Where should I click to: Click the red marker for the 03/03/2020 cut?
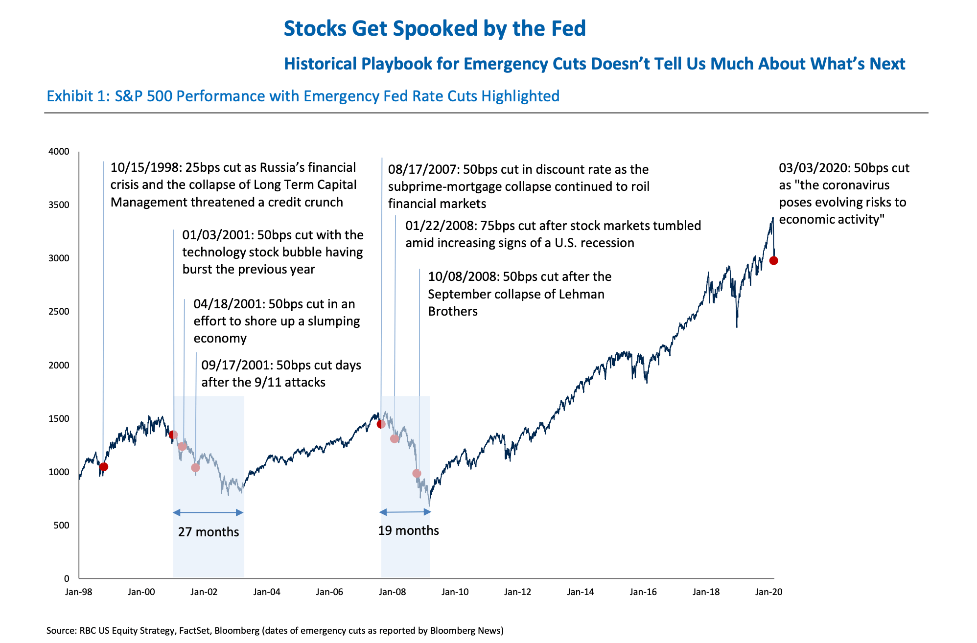tap(773, 261)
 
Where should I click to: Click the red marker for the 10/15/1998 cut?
tap(103, 467)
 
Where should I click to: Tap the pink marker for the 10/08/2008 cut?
tap(417, 473)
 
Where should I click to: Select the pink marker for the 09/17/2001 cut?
tap(195, 467)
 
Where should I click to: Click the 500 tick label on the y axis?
tap(61, 526)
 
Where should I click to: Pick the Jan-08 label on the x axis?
tap(392, 592)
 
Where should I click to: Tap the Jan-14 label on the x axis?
tap(581, 592)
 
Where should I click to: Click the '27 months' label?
tap(209, 532)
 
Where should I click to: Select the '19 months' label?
tap(408, 530)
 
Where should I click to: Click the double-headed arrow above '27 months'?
tap(208, 512)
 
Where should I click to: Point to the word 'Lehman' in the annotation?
tap(581, 294)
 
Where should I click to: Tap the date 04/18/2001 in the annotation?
tap(229, 304)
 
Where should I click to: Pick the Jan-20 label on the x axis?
tap(768, 592)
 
